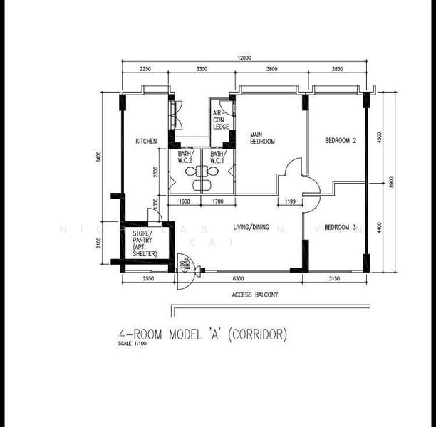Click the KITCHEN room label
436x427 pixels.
coord(146,142)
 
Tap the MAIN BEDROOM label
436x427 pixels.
coord(262,138)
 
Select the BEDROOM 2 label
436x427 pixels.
coord(340,141)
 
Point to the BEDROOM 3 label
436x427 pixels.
coord(340,228)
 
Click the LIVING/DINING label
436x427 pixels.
coord(251,228)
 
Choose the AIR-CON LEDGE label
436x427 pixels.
coord(221,120)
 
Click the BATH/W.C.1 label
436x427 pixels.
coord(217,157)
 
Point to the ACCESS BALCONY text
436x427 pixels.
coord(255,294)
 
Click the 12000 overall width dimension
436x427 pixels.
coord(244,59)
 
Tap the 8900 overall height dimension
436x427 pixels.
coord(390,182)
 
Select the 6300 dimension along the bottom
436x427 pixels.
coord(239,280)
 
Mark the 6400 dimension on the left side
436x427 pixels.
coord(100,157)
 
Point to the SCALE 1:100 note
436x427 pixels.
coord(134,344)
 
